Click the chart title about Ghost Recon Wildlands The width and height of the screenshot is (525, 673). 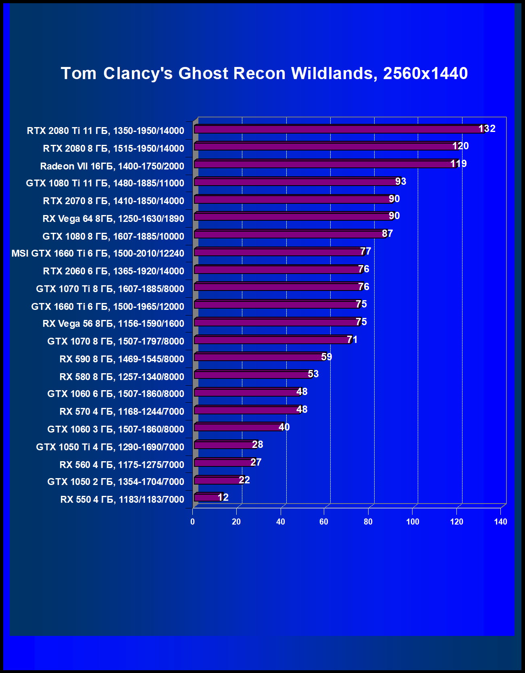pyautogui.click(x=264, y=73)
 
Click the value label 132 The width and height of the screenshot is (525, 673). pyautogui.click(x=487, y=129)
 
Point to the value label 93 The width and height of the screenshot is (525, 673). pyautogui.click(x=400, y=182)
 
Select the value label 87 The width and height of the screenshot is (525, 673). pyautogui.click(x=387, y=234)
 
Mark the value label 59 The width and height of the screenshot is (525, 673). pyautogui.click(x=326, y=357)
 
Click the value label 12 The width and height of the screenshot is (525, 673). pyautogui.click(x=223, y=497)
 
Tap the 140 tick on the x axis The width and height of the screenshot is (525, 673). pyautogui.click(x=500, y=522)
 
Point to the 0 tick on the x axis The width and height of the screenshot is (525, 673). pyautogui.click(x=192, y=522)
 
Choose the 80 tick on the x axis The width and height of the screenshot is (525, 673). pyautogui.click(x=368, y=522)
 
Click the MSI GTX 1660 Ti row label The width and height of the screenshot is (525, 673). pyautogui.click(x=98, y=253)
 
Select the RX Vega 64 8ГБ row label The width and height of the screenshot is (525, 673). pyautogui.click(x=113, y=219)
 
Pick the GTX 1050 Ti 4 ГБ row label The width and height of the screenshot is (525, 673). pyautogui.click(x=110, y=447)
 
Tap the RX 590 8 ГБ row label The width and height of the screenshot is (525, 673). pyautogui.click(x=122, y=359)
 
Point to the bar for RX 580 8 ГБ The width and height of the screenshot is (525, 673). pyautogui.click(x=252, y=375)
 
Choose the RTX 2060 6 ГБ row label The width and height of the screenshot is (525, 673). pyautogui.click(x=113, y=271)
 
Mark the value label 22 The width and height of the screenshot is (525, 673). pyautogui.click(x=244, y=480)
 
